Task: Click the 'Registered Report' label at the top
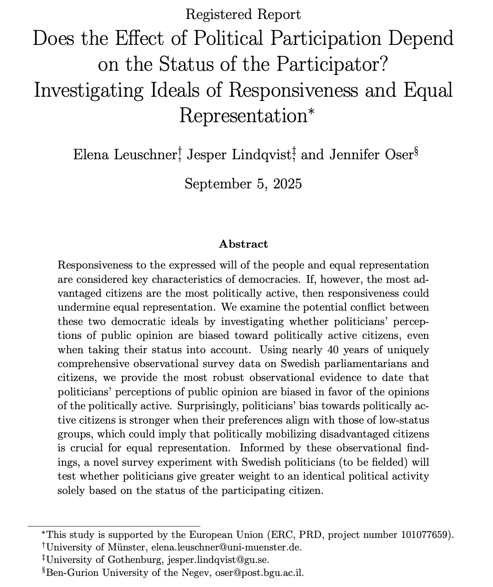tap(243, 14)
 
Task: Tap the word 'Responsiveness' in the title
tap(291, 90)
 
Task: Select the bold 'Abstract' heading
tap(243, 244)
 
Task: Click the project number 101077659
tap(425, 535)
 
